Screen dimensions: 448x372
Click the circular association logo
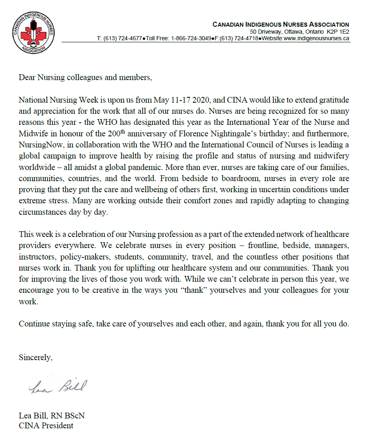tap(33, 33)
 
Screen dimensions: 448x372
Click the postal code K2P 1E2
tap(338, 32)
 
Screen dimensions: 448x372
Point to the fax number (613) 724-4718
tap(238, 38)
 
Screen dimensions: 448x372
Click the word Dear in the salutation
tap(27, 78)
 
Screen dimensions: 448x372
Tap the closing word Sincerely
tap(36, 357)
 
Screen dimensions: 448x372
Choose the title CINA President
tap(46, 425)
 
